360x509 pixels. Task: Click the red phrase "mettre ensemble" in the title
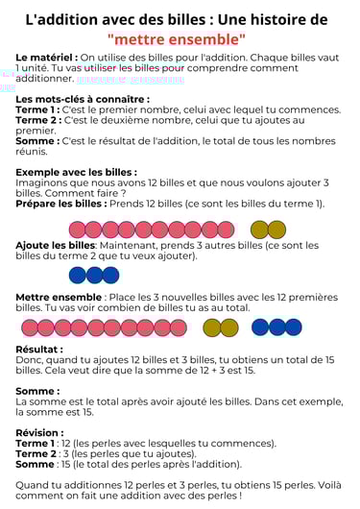pyautogui.click(x=177, y=39)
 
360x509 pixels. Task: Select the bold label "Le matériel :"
pyautogui.click(x=46, y=58)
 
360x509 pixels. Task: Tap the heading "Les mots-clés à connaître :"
pyautogui.click(x=83, y=99)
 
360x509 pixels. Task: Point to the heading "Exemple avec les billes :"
pyautogui.click(x=77, y=172)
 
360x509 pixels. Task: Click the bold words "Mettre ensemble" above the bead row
pyautogui.click(x=59, y=298)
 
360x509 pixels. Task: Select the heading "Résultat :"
pyautogui.click(x=39, y=350)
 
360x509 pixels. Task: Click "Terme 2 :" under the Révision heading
pyautogui.click(x=37, y=454)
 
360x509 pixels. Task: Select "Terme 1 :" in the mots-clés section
pyautogui.click(x=37, y=109)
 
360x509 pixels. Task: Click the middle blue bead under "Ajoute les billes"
pyautogui.click(x=94, y=276)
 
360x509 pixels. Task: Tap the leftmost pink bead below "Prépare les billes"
pyautogui.click(x=78, y=230)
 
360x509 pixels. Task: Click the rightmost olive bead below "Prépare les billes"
pyautogui.click(x=276, y=230)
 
